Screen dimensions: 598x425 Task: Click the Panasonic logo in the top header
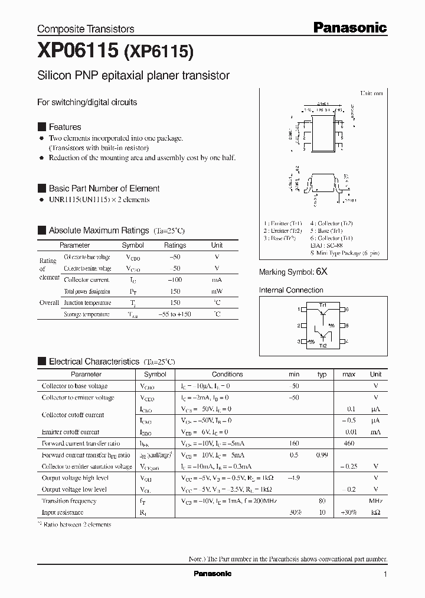[349, 27]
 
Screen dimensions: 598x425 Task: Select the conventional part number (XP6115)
[159, 52]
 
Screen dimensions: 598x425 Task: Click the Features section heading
[65, 127]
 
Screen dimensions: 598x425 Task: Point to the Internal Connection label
[291, 290]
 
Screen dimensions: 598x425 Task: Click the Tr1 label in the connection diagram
[323, 304]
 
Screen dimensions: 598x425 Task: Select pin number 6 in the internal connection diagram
[347, 309]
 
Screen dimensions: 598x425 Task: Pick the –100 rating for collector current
[175, 279]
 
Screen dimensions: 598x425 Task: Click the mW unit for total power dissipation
[217, 291]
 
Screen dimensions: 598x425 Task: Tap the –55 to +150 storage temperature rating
[175, 314]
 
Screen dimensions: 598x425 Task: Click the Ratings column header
[175, 245]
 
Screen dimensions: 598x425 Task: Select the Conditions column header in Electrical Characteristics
[227, 374]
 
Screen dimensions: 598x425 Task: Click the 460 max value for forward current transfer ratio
[349, 443]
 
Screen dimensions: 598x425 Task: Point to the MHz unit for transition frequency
[375, 501]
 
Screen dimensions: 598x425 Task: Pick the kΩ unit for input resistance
[375, 512]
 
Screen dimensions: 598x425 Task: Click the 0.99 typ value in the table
[322, 455]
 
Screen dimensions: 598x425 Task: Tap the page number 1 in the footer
[385, 574]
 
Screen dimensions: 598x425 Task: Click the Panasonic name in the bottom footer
[212, 574]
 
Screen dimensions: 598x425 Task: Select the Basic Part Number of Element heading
[104, 188]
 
